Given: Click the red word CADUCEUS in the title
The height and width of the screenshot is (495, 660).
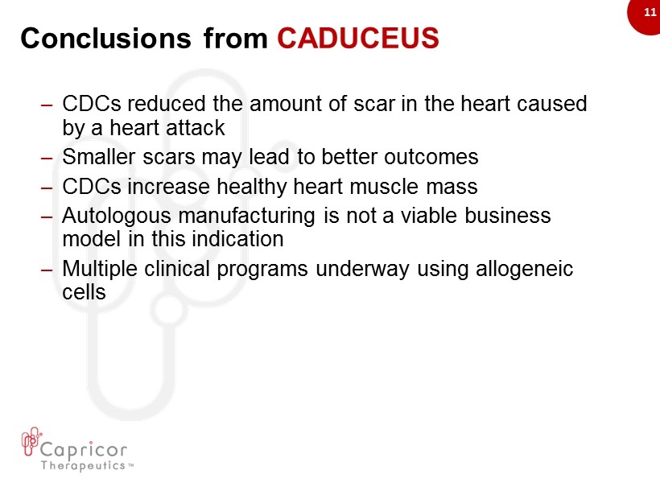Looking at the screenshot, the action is [x=358, y=38].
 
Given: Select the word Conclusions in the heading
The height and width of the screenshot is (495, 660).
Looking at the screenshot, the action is [x=105, y=38].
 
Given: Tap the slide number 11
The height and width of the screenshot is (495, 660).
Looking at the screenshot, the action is [x=650, y=12].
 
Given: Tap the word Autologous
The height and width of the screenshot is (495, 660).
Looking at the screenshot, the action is [x=117, y=216].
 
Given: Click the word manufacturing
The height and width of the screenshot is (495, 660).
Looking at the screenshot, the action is [x=246, y=216].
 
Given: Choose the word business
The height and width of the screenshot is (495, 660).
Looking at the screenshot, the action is [x=508, y=216].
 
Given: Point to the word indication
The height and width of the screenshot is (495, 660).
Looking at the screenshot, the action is [x=217, y=239].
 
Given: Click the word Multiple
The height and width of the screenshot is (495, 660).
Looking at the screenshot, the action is [x=100, y=269].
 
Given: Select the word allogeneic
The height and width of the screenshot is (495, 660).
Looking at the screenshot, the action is [x=524, y=269].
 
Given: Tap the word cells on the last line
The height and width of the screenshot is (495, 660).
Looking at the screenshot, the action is [x=84, y=291].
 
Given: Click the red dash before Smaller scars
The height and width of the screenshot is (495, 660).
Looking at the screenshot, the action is [x=47, y=159].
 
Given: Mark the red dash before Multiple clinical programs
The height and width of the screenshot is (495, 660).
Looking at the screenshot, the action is [x=47, y=270].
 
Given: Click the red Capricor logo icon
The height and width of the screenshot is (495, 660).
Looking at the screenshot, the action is [x=31, y=441].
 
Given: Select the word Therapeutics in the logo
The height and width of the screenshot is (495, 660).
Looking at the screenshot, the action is [x=83, y=465].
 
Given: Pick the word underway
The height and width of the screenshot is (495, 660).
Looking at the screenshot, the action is [x=362, y=269].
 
